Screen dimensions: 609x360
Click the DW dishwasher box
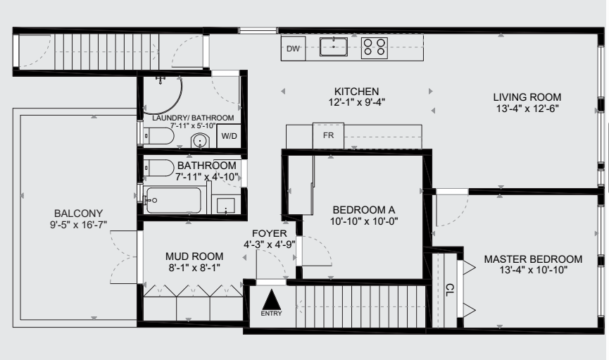(294, 49)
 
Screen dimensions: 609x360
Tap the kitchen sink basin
(334, 46)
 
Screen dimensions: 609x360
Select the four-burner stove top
(375, 48)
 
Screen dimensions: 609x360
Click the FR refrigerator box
(328, 136)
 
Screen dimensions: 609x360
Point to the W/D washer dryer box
(229, 136)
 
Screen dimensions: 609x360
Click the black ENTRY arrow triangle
(272, 299)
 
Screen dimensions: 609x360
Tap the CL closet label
(449, 290)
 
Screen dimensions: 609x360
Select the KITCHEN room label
(356, 92)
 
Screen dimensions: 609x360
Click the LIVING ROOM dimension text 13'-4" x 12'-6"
(527, 108)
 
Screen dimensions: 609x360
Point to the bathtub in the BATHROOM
(174, 200)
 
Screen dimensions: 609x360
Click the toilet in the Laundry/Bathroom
(159, 136)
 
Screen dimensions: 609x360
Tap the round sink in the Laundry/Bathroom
(200, 140)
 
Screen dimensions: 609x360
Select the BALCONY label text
(78, 213)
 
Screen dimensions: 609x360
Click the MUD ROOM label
(194, 256)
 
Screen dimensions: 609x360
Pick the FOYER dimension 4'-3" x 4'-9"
(269, 244)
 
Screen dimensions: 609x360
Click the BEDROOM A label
(364, 210)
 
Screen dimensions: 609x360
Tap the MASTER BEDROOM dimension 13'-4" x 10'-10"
(533, 270)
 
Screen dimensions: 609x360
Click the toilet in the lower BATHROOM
(159, 168)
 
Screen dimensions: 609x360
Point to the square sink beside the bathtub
(226, 206)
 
